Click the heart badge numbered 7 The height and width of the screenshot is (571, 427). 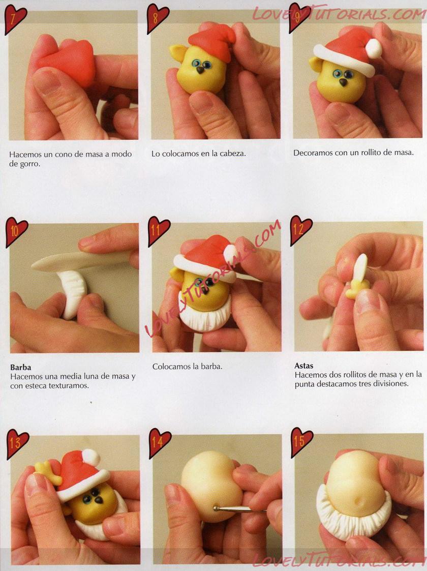click(15, 18)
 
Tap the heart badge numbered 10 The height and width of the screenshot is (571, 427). click(16, 232)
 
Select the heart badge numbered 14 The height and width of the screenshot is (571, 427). click(160, 442)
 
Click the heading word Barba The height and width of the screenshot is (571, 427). click(21, 368)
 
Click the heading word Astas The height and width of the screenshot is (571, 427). click(304, 366)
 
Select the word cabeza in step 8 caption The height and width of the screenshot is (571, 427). click(233, 154)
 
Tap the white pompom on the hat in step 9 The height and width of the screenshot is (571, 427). click(374, 48)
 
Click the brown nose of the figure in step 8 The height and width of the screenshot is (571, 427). click(200, 70)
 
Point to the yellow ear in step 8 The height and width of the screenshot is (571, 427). click(177, 53)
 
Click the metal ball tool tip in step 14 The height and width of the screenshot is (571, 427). click(216, 508)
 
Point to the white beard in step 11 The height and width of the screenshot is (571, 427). click(204, 317)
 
